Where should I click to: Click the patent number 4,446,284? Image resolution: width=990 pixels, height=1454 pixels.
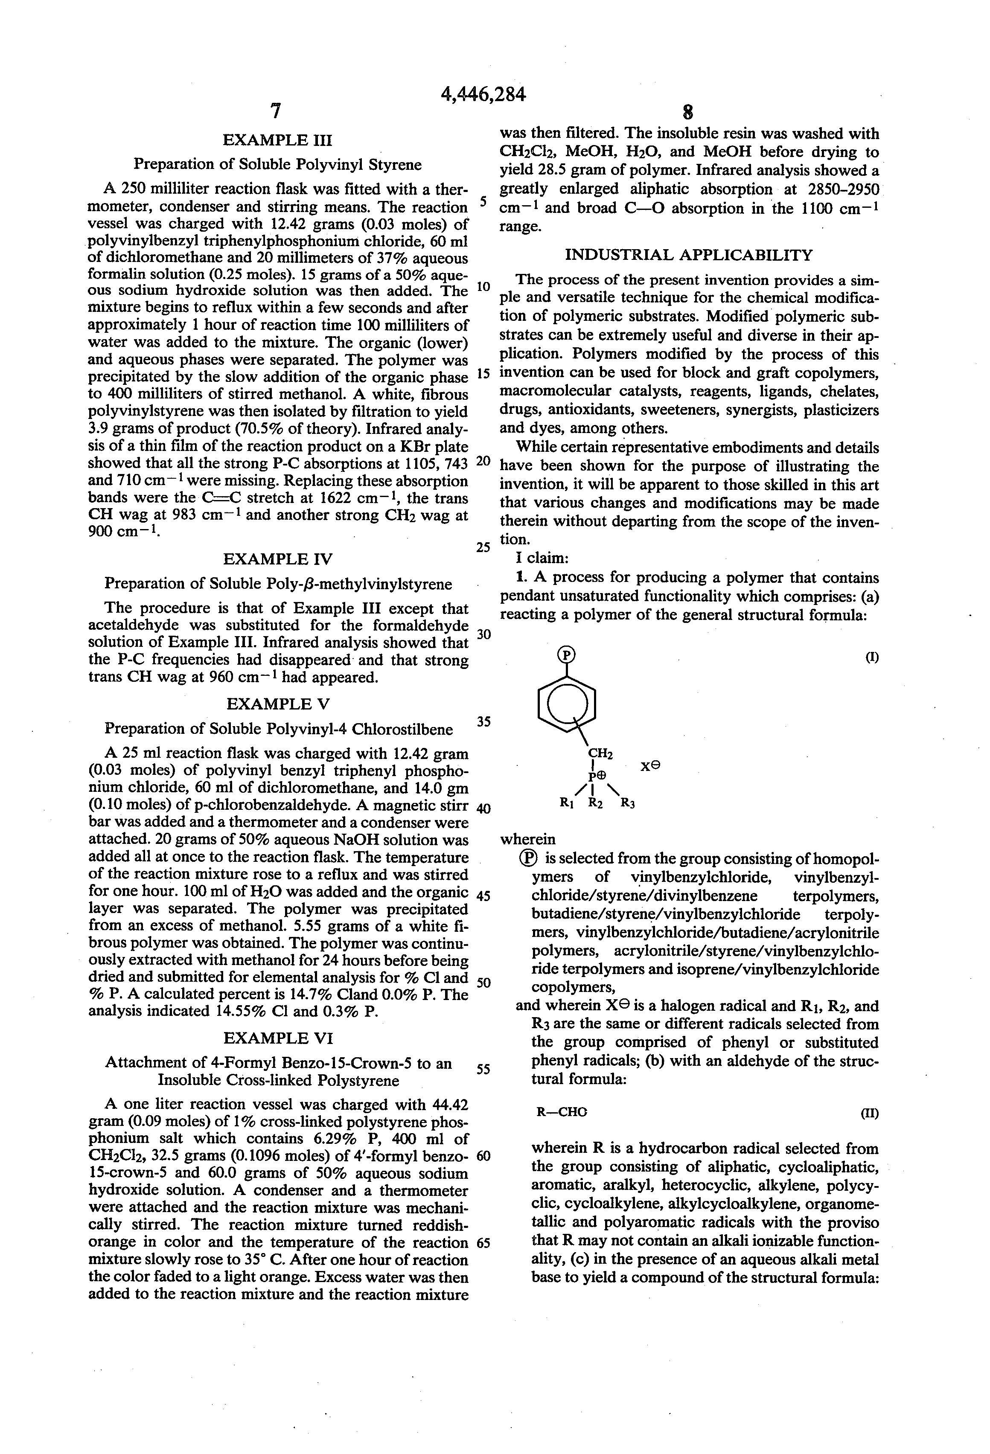click(483, 94)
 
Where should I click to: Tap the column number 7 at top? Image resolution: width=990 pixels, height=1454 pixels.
click(275, 111)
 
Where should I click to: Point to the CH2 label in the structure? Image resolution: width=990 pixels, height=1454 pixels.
click(600, 755)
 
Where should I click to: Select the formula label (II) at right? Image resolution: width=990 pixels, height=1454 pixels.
click(870, 1114)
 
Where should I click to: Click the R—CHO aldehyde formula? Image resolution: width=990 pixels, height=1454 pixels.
click(561, 1112)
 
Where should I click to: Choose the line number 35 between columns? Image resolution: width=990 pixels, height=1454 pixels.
click(484, 721)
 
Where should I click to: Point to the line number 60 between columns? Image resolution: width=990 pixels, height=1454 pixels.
click(484, 1156)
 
